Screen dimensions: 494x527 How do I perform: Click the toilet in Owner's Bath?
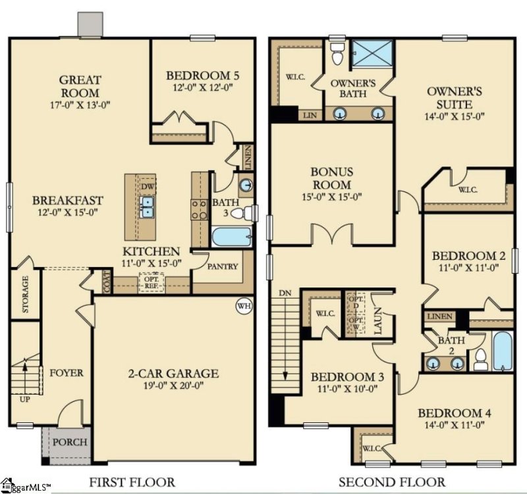click(338, 54)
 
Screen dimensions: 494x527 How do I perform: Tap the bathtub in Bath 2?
click(502, 351)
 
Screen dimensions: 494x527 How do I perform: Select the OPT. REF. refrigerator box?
click(151, 282)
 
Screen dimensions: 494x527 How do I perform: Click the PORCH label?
click(69, 442)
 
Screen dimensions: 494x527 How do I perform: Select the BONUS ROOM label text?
click(332, 178)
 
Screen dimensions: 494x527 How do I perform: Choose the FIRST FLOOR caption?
click(132, 482)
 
